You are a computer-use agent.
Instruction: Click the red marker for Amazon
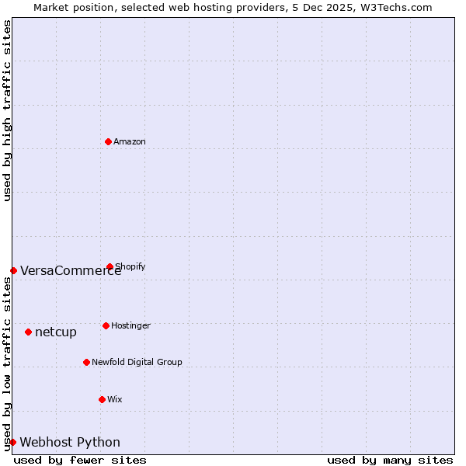tap(109, 141)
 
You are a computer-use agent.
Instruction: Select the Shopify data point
tap(110, 266)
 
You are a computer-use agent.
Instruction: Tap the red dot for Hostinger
tap(106, 325)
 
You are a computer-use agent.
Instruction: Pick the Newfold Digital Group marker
tap(86, 362)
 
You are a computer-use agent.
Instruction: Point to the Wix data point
tap(102, 399)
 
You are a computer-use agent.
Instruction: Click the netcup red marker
tap(28, 332)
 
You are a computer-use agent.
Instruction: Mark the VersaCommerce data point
tap(13, 270)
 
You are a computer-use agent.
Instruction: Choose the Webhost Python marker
tap(13, 442)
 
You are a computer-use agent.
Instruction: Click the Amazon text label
tap(130, 141)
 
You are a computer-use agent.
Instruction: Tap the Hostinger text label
tap(130, 325)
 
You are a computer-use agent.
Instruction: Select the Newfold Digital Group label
tap(137, 362)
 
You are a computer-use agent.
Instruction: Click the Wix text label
tap(115, 399)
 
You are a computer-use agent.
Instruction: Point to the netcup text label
tap(56, 332)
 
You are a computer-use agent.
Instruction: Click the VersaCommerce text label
tap(71, 271)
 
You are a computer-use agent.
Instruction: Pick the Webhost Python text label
tap(70, 443)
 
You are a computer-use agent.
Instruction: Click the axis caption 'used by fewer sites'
tap(80, 460)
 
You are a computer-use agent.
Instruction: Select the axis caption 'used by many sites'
tap(390, 460)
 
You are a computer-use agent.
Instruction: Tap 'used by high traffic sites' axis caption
tap(7, 111)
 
